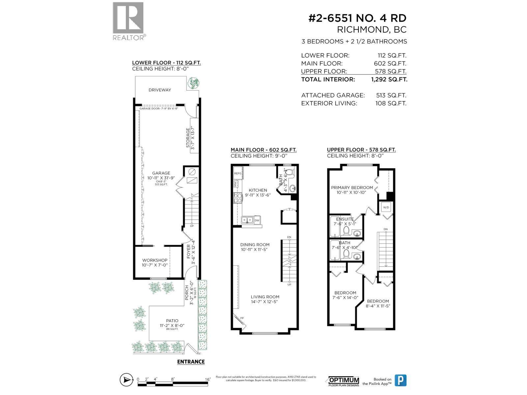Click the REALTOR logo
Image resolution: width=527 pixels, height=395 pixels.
[128, 21]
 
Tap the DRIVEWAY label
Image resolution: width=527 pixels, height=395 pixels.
[160, 90]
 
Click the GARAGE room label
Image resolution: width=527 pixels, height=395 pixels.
[161, 173]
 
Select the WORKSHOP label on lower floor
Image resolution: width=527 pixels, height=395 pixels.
[155, 260]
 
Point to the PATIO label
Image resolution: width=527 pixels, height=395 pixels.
[172, 321]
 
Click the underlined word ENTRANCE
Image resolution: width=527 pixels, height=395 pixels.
[191, 362]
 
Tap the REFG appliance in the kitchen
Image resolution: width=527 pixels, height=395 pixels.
[237, 173]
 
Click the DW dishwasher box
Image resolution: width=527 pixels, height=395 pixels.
[257, 220]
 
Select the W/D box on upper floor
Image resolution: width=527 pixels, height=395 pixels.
[386, 207]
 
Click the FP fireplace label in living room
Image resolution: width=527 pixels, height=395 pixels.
[242, 318]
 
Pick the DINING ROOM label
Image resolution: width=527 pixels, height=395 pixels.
[255, 245]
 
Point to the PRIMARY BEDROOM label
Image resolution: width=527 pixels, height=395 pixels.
[352, 188]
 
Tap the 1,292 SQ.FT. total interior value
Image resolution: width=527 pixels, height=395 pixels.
[389, 79]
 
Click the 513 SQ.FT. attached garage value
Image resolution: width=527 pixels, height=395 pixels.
[391, 95]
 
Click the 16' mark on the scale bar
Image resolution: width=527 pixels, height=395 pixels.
[208, 379]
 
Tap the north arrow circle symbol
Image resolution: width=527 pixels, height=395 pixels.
[126, 380]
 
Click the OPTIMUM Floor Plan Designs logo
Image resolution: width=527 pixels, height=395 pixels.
[344, 381]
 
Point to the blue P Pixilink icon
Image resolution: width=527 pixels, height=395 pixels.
[401, 381]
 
